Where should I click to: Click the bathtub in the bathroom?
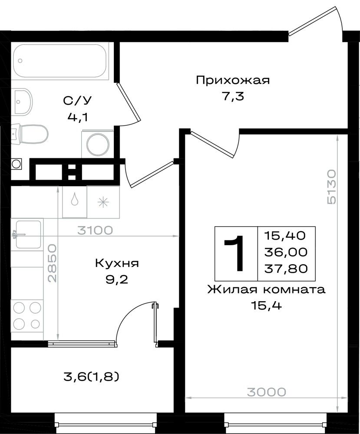60,61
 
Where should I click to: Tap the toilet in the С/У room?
30,134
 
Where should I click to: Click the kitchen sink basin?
28,234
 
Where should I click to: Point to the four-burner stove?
27,316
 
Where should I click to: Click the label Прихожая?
233,80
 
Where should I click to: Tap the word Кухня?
116,263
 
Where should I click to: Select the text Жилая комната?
266,290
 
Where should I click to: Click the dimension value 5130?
331,187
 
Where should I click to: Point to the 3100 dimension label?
95,230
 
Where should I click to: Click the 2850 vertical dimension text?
52,263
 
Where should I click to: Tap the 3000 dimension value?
266,392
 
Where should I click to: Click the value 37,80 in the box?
286,268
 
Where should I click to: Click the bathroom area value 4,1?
78,117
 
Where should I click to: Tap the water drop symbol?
75,199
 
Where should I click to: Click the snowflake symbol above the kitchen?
103,202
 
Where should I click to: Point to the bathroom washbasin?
22,102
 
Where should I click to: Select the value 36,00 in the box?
286,252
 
